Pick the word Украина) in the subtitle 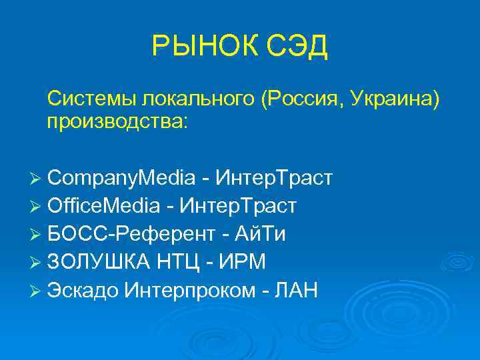pyautogui.click(x=398, y=99)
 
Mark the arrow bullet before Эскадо pyautogui.click(x=37, y=291)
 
